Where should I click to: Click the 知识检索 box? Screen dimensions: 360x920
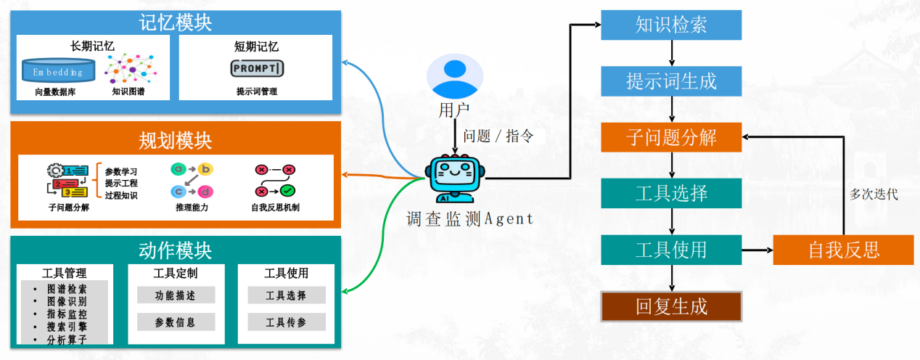click(671, 25)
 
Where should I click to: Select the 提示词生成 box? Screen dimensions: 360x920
click(671, 81)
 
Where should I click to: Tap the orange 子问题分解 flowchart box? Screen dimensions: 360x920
click(671, 136)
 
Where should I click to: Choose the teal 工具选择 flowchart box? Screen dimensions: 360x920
click(671, 193)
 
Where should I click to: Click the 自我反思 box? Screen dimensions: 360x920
click(843, 250)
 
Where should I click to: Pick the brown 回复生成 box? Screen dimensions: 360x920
click(671, 306)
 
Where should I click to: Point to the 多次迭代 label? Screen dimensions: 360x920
click(874, 195)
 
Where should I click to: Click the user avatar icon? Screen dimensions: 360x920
click(454, 76)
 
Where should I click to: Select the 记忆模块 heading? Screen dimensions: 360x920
click(176, 22)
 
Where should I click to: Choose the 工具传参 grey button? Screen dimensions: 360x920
click(286, 322)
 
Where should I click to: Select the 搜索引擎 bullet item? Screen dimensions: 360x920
click(67, 327)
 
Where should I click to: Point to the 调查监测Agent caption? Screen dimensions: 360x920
click(469, 218)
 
